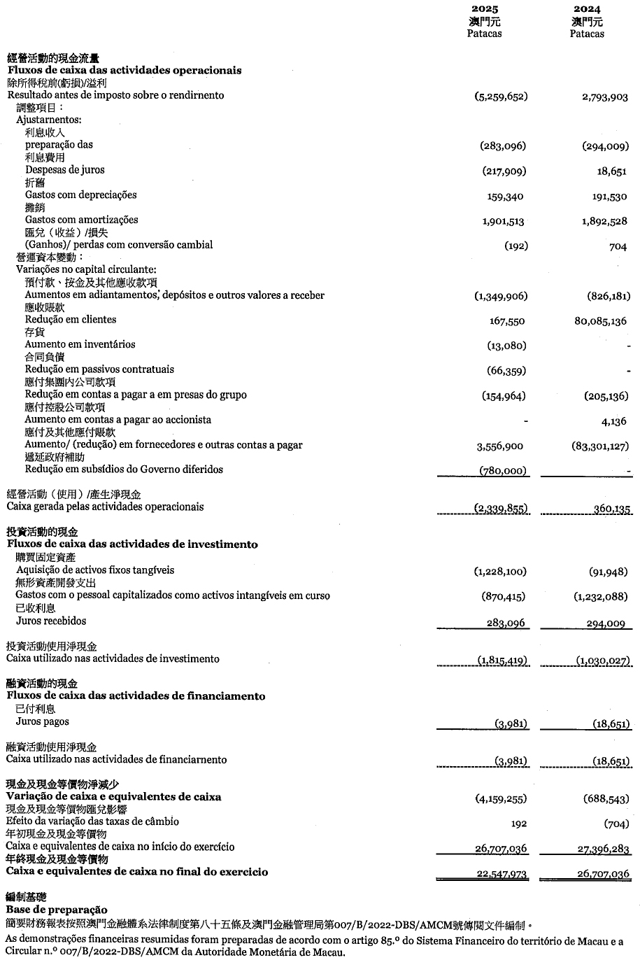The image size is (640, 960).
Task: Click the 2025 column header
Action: tap(485, 10)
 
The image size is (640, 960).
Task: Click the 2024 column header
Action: tap(587, 10)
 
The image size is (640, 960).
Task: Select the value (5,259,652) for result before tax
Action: tap(501, 96)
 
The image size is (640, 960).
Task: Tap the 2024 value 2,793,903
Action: tap(604, 97)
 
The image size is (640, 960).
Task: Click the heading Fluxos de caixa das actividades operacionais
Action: tap(125, 70)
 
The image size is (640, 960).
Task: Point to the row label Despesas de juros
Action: tap(66, 170)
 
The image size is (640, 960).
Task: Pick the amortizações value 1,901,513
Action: tap(503, 221)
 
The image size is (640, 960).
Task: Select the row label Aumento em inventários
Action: tap(80, 344)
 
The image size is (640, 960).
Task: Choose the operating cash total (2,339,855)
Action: tap(501, 509)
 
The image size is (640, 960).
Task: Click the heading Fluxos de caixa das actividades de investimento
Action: tap(132, 544)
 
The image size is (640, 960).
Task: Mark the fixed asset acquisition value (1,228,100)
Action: tap(500, 572)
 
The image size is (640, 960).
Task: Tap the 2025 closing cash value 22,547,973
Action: tap(501, 874)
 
